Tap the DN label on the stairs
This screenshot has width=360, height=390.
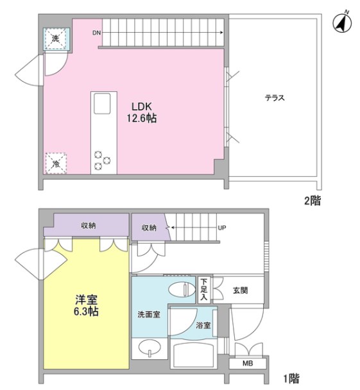coord(96,31)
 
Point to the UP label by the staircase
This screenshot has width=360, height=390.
coord(221,227)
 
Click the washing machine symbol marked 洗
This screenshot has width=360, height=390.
coord(56,40)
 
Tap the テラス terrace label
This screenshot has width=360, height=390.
coord(274,98)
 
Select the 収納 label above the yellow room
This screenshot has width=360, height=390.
coord(89,226)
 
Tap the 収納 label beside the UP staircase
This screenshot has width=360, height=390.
coord(149,227)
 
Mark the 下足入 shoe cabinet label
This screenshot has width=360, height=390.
coord(203,290)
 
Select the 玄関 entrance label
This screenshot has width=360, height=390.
coord(241,290)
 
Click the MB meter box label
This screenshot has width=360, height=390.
coord(247,364)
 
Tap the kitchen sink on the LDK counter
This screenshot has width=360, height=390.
coord(102,102)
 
